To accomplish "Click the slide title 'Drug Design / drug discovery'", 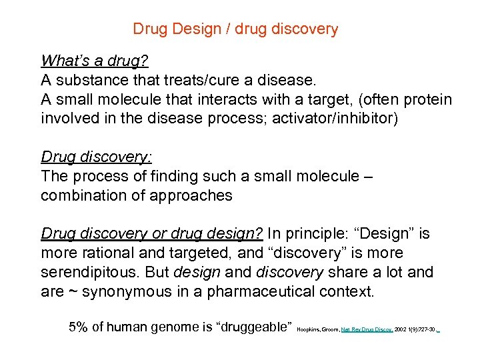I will point(235,29).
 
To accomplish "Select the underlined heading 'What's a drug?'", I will point(94,61).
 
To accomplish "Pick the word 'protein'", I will point(427,100).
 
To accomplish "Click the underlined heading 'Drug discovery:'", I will point(96,157).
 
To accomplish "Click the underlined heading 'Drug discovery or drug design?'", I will point(153,234).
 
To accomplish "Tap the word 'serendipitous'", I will point(91,273).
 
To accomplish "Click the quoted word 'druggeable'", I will point(255,327).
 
